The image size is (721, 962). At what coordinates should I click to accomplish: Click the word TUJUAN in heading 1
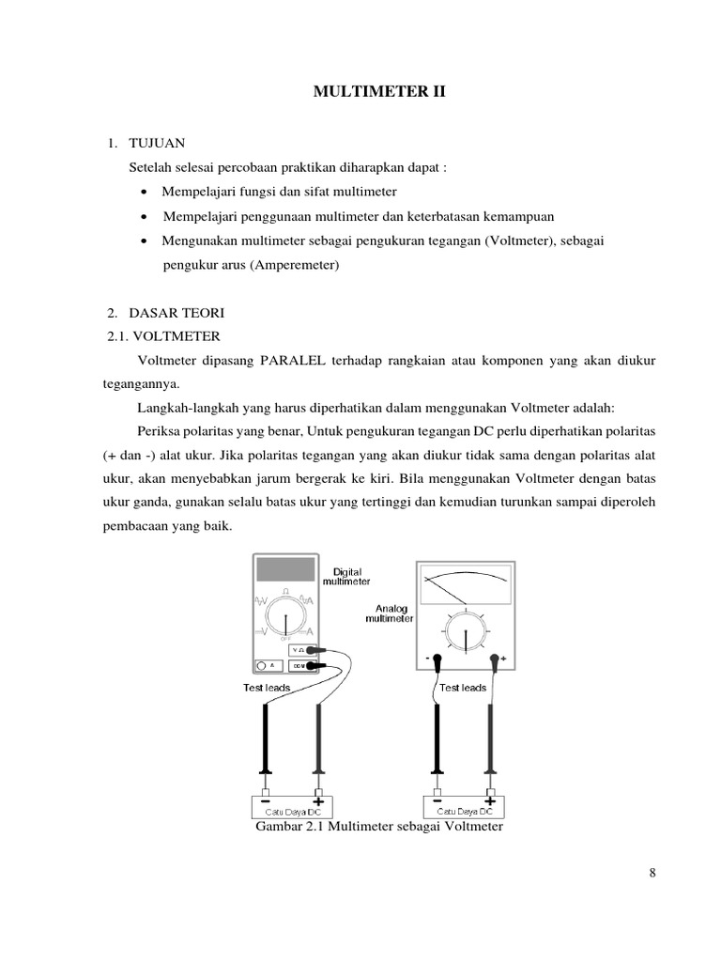point(159,143)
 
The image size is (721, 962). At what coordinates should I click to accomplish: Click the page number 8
point(652,873)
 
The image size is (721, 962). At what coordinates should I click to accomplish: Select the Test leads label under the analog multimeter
point(463,688)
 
